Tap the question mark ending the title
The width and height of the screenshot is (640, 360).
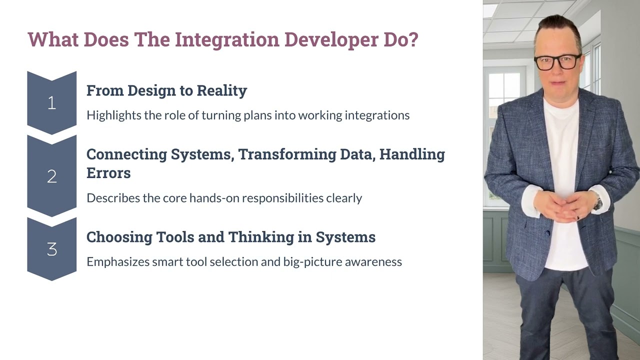click(x=413, y=39)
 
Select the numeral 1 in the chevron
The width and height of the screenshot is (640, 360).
click(x=51, y=103)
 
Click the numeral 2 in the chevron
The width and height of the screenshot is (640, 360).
click(x=51, y=176)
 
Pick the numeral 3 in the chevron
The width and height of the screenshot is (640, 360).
click(x=51, y=249)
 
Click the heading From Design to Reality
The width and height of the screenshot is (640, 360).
click(x=166, y=90)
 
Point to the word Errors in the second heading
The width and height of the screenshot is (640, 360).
click(x=108, y=173)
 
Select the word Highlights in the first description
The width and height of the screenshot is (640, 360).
click(x=114, y=115)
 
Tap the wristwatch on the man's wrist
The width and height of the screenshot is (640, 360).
click(x=597, y=202)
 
